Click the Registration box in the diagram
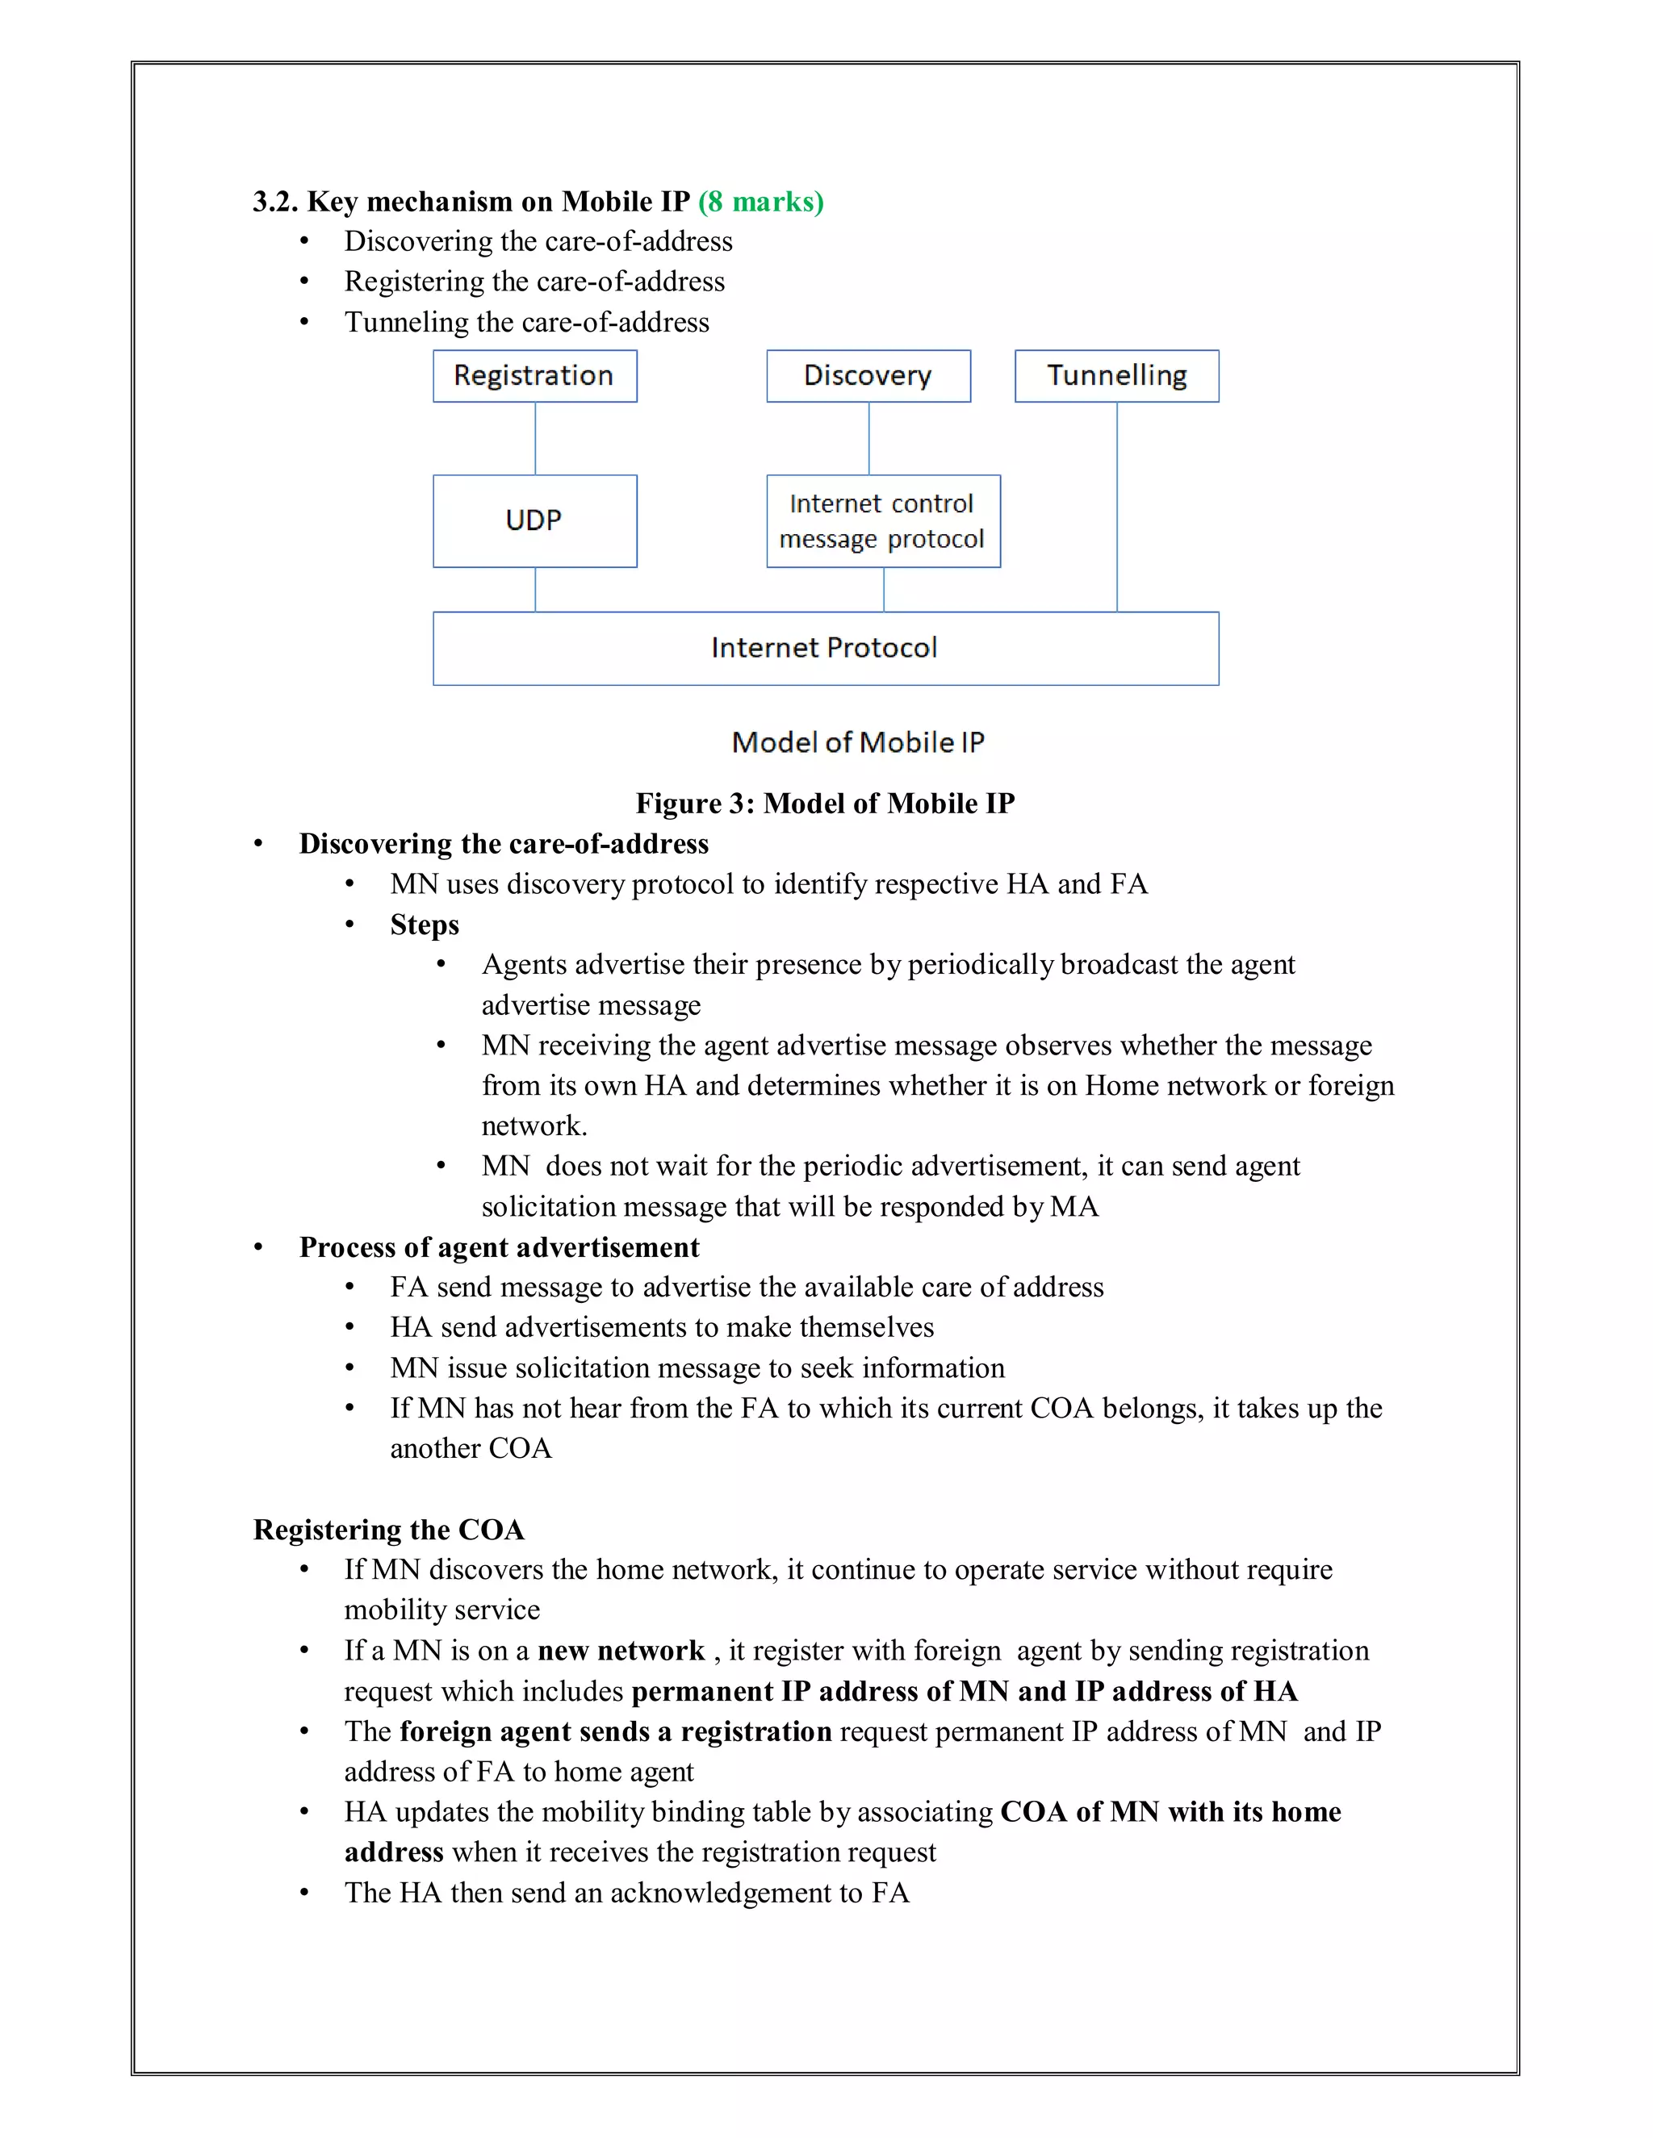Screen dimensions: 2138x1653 pyautogui.click(x=534, y=376)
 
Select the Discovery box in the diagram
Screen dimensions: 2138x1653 pyautogui.click(x=868, y=376)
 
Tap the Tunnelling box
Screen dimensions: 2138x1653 pyautogui.click(x=1116, y=376)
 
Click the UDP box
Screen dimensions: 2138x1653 pyautogui.click(x=534, y=521)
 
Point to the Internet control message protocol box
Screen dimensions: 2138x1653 pyautogui.click(x=882, y=521)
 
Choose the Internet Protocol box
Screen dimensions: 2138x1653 pyautogui.click(x=825, y=648)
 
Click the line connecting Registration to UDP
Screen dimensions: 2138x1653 pyautogui.click(x=534, y=439)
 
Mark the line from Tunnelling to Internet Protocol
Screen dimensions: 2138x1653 pyautogui.click(x=1116, y=507)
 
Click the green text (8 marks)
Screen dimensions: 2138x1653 pyautogui.click(x=761, y=202)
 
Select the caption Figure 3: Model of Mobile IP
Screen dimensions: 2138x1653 pyautogui.click(x=825, y=804)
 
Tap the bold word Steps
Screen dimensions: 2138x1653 pyautogui.click(x=424, y=925)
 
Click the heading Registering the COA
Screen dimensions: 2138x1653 pyautogui.click(x=389, y=1530)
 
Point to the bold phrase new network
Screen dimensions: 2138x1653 pyautogui.click(x=621, y=1652)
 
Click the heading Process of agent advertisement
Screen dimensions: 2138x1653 pyautogui.click(x=499, y=1247)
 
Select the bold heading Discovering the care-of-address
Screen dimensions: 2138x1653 pyautogui.click(x=504, y=844)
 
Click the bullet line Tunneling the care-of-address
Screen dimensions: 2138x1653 pyautogui.click(x=526, y=322)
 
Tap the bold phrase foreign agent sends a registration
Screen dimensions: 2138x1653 pyautogui.click(x=615, y=1731)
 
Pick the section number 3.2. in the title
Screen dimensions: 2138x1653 pyautogui.click(x=275, y=202)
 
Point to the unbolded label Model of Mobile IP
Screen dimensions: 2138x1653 pyautogui.click(x=858, y=743)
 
